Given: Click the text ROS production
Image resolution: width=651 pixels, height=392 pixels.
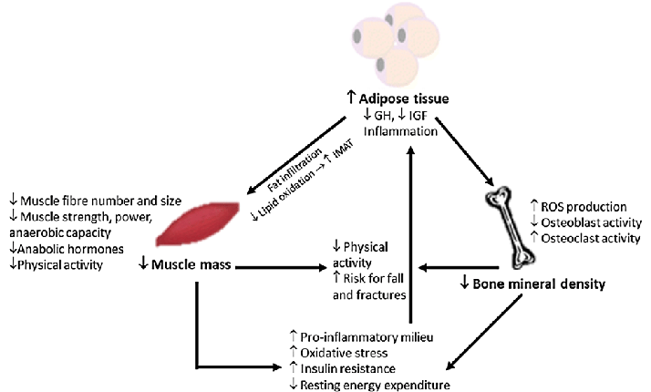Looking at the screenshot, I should [x=583, y=207].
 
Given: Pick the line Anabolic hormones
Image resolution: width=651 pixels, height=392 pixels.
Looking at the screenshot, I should [x=64, y=250].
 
